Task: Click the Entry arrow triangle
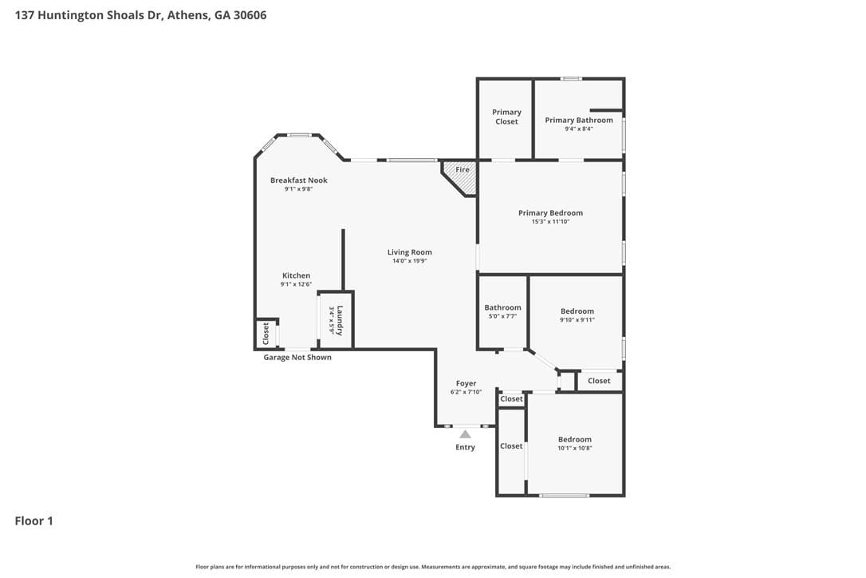coord(466,434)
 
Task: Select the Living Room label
coord(410,252)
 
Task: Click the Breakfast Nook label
coord(299,180)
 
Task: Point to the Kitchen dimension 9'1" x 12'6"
coord(296,284)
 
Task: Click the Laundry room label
coord(340,320)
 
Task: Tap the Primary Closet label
coord(506,117)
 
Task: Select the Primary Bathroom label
coord(579,120)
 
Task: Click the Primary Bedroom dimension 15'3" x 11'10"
coord(551,222)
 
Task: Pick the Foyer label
coord(466,383)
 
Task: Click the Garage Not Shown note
coord(297,358)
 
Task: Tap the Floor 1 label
coord(33,521)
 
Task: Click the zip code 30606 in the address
coord(250,15)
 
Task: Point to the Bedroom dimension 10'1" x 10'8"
coord(574,449)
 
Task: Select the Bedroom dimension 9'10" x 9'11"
coord(577,319)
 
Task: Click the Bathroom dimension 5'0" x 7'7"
coord(502,316)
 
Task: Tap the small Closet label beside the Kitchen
coord(266,334)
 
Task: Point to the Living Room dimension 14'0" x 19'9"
coord(410,261)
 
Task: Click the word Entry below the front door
coord(465,447)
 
